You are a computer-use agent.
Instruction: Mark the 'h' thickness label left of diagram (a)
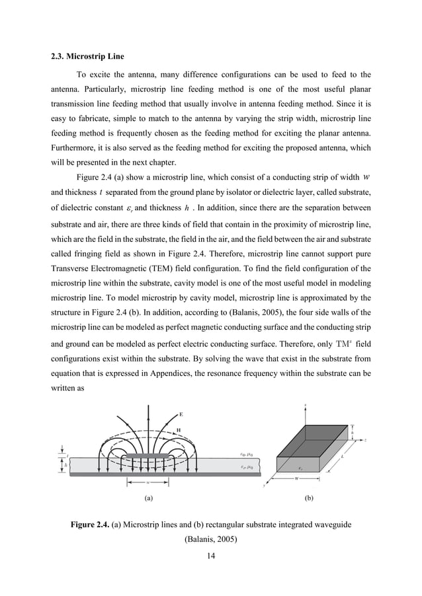pyautogui.click(x=66, y=465)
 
